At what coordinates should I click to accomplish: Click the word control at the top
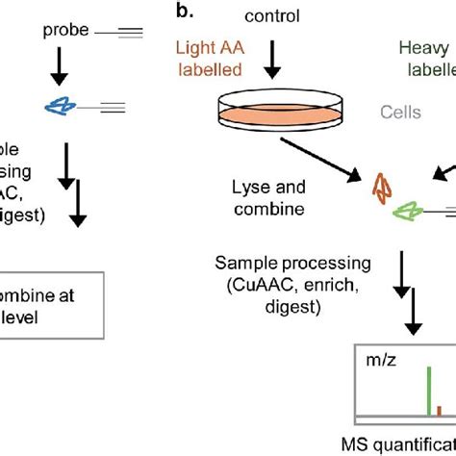pyautogui.click(x=272, y=15)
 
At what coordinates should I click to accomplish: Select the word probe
pyautogui.click(x=64, y=31)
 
